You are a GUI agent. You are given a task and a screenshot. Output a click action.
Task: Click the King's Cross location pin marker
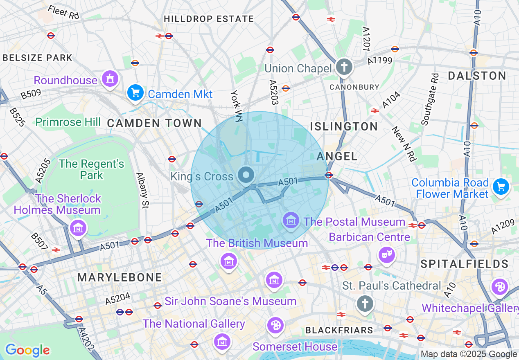[246, 176]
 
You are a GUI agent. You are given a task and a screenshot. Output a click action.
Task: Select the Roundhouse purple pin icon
[110, 79]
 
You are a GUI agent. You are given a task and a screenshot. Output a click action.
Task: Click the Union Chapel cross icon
[344, 67]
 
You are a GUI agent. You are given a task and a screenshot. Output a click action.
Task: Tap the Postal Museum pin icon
[291, 221]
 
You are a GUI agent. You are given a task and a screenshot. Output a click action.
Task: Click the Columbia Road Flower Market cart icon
[501, 187]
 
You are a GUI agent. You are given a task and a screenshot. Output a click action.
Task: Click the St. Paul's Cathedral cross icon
[365, 304]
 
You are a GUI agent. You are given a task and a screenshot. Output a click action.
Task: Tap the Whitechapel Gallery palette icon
[500, 287]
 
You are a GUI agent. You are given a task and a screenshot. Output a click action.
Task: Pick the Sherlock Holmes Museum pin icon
[78, 227]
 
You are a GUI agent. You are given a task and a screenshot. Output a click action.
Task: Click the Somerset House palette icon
[275, 325]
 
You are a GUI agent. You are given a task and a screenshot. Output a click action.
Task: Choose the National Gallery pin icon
[222, 341]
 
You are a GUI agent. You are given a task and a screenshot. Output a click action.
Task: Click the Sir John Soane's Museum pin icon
[274, 280]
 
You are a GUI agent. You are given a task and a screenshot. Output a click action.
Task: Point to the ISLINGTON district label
[344, 126]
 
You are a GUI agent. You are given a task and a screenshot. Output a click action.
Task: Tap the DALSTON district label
[477, 76]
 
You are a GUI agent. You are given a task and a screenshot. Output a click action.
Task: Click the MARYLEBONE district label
[120, 277]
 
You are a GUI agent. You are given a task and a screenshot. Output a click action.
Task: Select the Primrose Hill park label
[68, 122]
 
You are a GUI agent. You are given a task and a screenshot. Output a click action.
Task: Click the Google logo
[27, 350]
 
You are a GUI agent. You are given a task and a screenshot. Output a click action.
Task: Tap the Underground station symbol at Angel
[328, 175]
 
